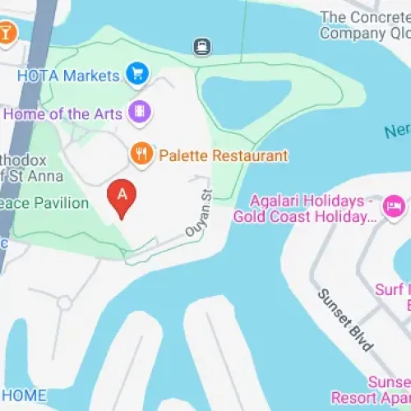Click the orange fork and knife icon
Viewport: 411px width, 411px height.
pyautogui.click(x=142, y=154)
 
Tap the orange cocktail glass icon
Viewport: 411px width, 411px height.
pyautogui.click(x=7, y=33)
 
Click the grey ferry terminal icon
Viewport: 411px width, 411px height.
pyautogui.click(x=201, y=47)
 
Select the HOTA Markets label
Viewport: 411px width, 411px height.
pyautogui.click(x=68, y=76)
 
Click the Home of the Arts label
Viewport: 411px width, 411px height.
pyautogui.click(x=62, y=114)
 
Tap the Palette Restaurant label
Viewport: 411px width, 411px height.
pyautogui.click(x=224, y=155)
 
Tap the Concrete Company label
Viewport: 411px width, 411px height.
pyautogui.click(x=364, y=25)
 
